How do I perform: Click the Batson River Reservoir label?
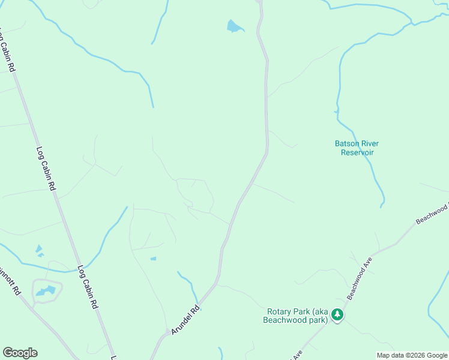pyautogui.click(x=357, y=148)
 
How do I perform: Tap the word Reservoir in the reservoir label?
pyautogui.click(x=357, y=152)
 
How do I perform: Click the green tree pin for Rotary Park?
pyautogui.click(x=338, y=314)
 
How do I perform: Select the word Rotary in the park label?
pyautogui.click(x=280, y=311)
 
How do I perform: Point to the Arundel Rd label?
pyautogui.click(x=185, y=321)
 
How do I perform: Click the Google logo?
pyautogui.click(x=20, y=353)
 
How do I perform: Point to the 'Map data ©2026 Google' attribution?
pyautogui.click(x=412, y=355)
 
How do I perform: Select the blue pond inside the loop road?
pyautogui.click(x=46, y=292)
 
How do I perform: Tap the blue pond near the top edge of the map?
pyautogui.click(x=234, y=26)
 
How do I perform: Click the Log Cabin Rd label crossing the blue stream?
pyautogui.click(x=87, y=287)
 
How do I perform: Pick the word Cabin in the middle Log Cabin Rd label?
pyautogui.click(x=46, y=169)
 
